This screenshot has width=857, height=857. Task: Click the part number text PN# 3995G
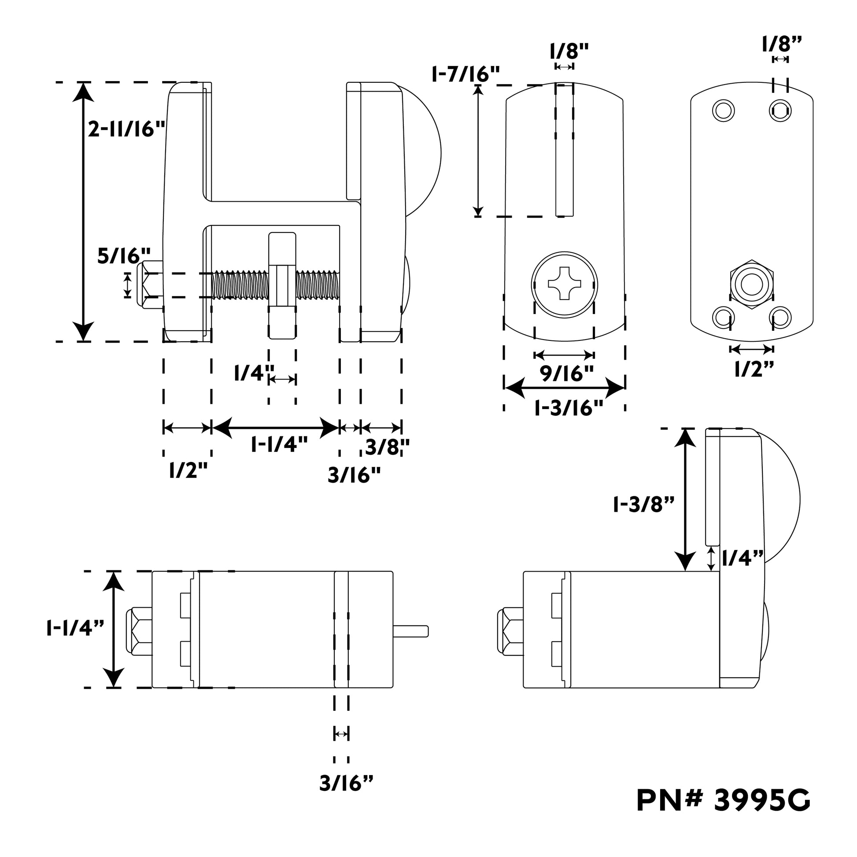pyautogui.click(x=723, y=813)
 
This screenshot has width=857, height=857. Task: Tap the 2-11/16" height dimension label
pyautogui.click(x=126, y=129)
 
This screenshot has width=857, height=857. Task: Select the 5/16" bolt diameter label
pyautogui.click(x=124, y=256)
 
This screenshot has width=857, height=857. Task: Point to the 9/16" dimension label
pyautogui.click(x=566, y=374)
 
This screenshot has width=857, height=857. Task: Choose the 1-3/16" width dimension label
pyautogui.click(x=569, y=408)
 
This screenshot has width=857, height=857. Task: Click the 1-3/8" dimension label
pyautogui.click(x=644, y=504)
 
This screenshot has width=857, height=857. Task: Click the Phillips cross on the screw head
pyautogui.click(x=565, y=284)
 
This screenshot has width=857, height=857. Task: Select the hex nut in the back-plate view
pyautogui.click(x=751, y=284)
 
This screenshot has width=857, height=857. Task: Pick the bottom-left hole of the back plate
pyautogui.click(x=723, y=318)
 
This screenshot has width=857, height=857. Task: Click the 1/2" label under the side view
pyautogui.click(x=188, y=470)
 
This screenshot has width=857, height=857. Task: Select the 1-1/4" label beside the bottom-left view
pyautogui.click(x=75, y=628)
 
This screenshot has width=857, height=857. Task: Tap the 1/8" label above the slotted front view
pyautogui.click(x=569, y=52)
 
